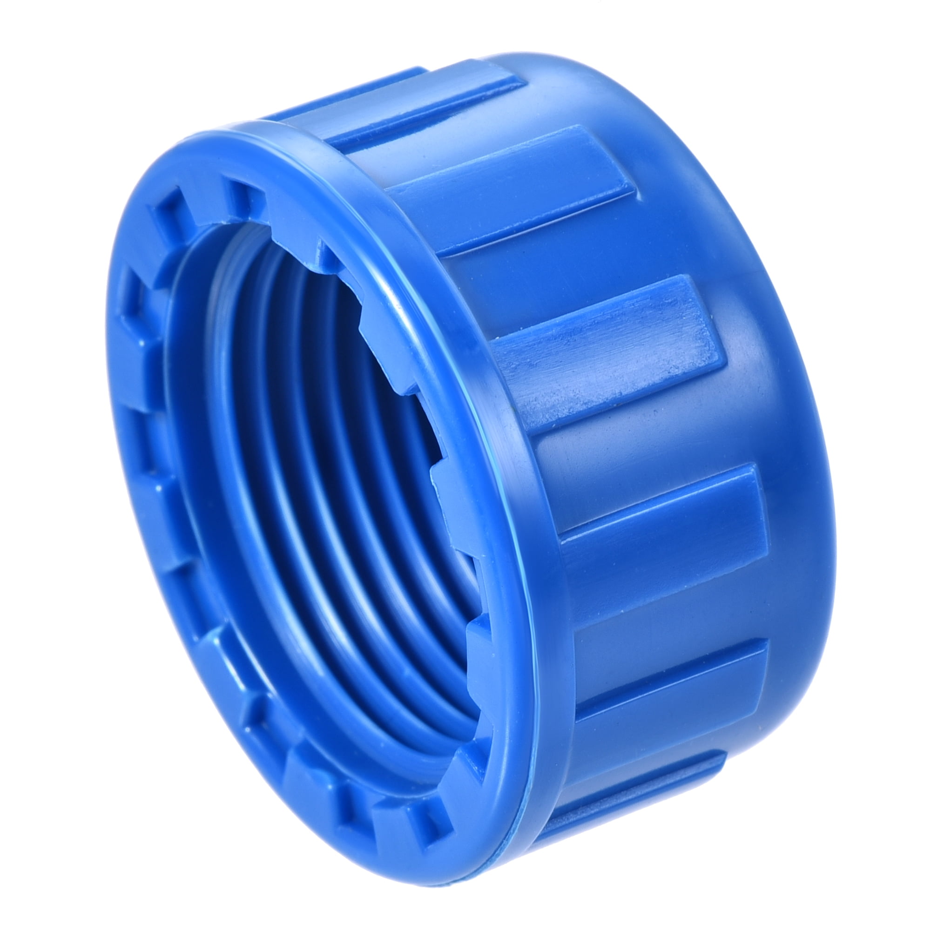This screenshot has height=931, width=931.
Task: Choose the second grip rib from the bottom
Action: point(670,675)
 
